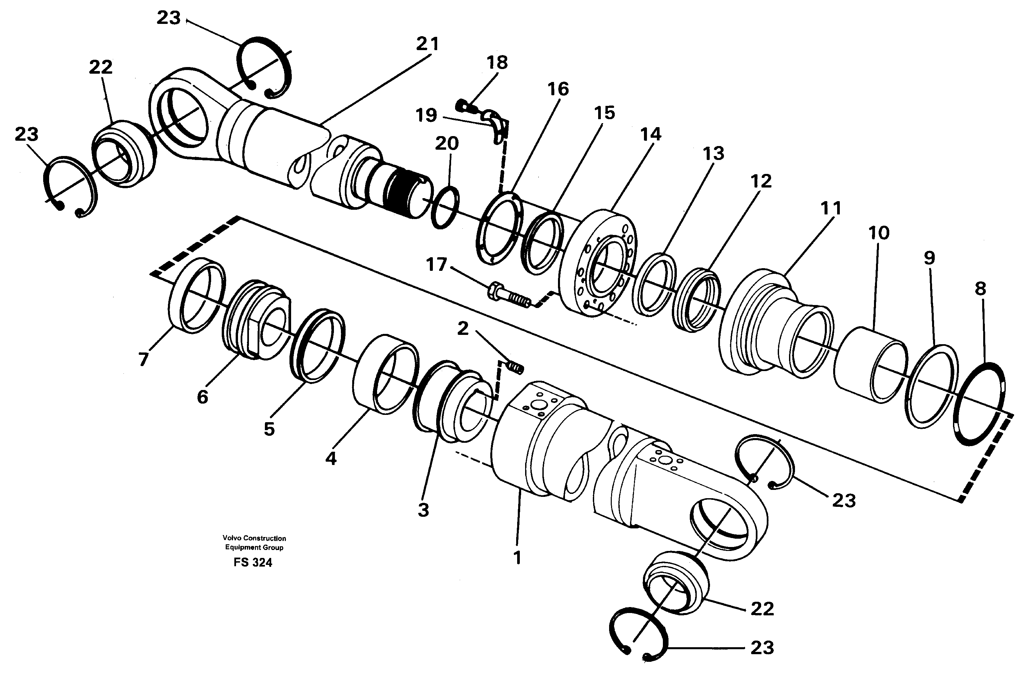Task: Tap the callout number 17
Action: (x=436, y=265)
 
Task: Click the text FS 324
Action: (x=253, y=563)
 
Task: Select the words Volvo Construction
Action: (x=254, y=538)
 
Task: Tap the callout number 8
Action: (x=980, y=289)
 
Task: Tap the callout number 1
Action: (x=517, y=558)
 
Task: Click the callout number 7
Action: (x=143, y=359)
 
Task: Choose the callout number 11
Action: (x=830, y=208)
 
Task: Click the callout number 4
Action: (x=330, y=459)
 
